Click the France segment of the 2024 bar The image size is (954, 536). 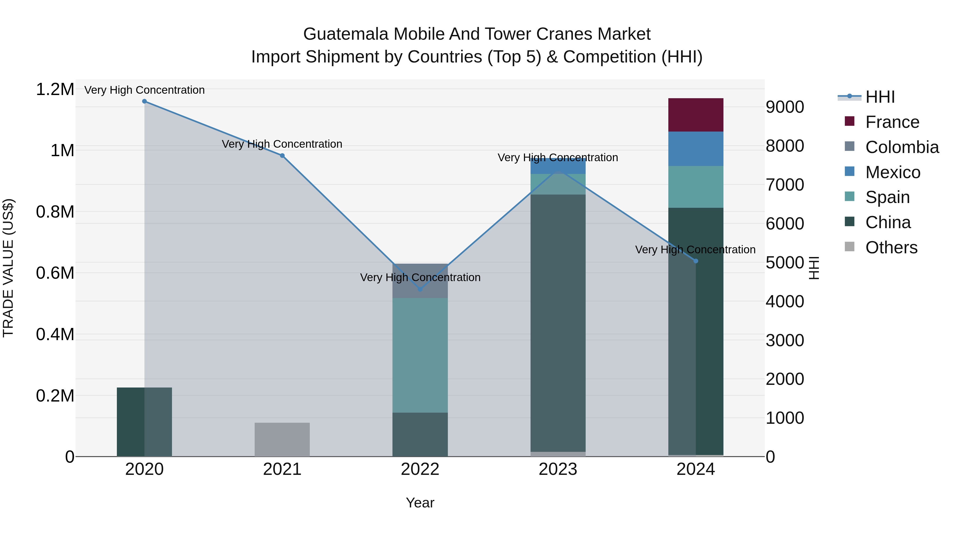coord(696,115)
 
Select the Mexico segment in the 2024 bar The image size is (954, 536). coord(696,149)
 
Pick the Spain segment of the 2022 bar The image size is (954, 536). coord(420,355)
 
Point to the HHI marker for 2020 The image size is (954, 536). coord(144,101)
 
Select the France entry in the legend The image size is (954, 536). coord(892,122)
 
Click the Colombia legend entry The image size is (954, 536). coord(902,147)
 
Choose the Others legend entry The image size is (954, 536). coord(891,247)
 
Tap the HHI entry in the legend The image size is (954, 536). coord(880,97)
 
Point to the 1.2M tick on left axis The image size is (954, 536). coord(55,89)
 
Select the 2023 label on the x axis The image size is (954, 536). coord(558,469)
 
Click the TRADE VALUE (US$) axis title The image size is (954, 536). coord(8,268)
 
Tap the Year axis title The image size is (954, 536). coord(420,503)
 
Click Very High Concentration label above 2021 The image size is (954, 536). coord(282,144)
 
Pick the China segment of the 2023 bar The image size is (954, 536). coord(558,322)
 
